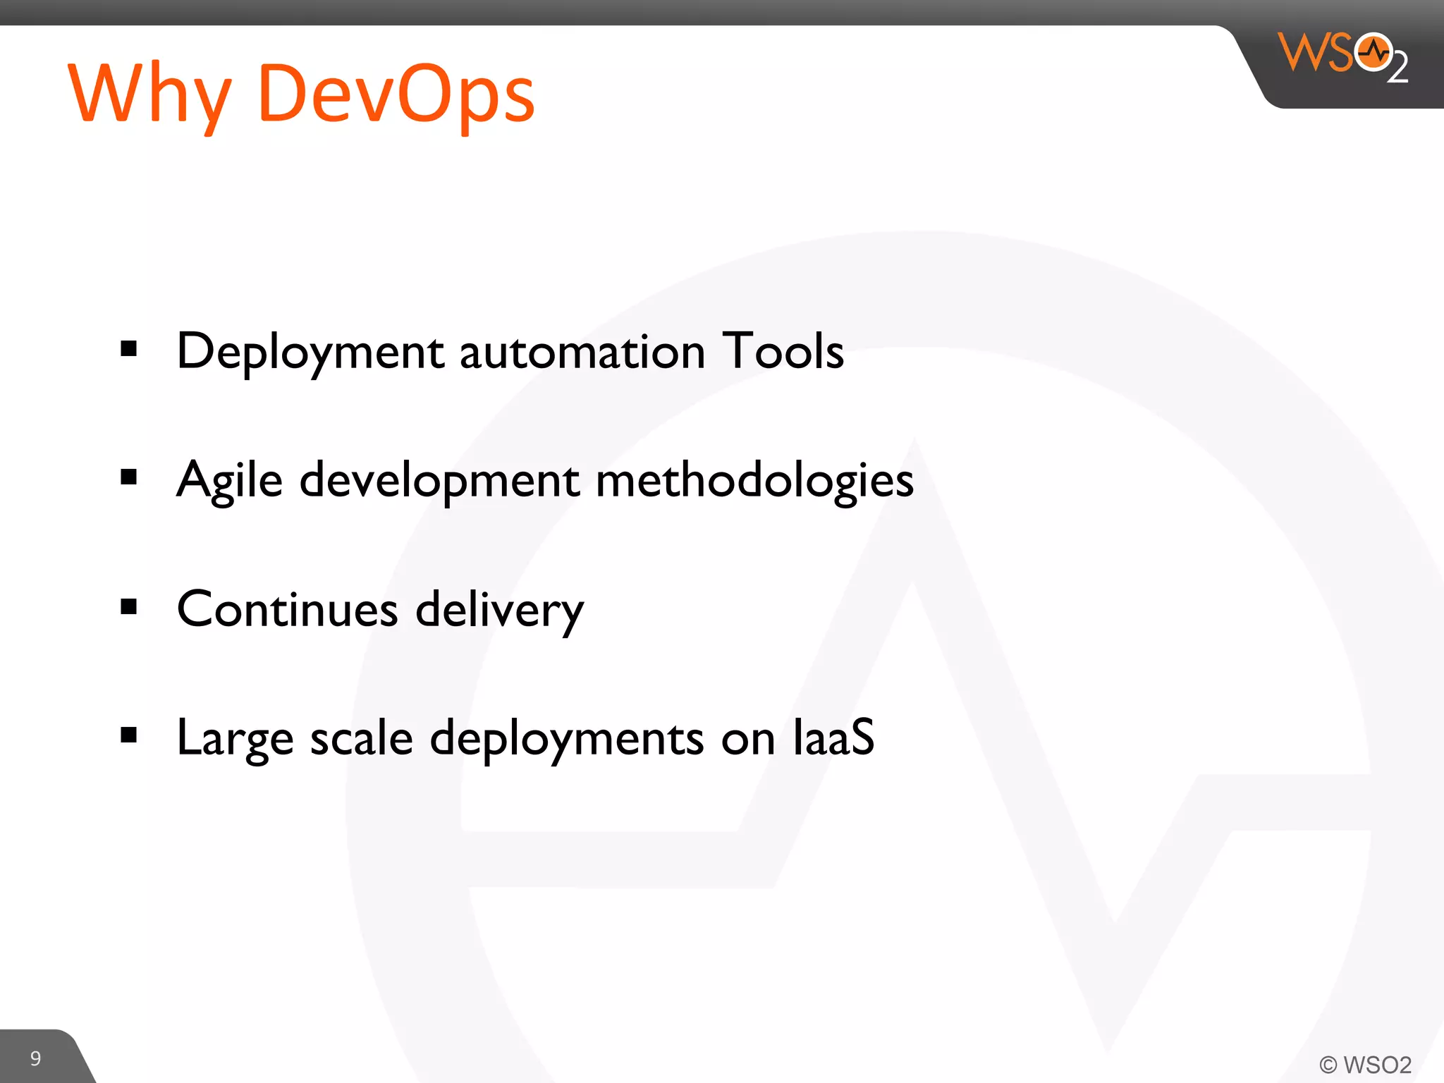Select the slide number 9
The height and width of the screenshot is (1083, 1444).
tap(35, 1058)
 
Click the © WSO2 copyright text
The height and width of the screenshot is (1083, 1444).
tap(1365, 1064)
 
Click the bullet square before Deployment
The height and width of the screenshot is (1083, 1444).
tap(128, 348)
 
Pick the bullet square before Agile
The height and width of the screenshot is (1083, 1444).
tap(128, 477)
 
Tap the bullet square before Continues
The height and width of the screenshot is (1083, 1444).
tap(128, 606)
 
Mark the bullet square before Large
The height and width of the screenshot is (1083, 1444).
tap(128, 735)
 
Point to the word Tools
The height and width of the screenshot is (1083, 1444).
tap(783, 351)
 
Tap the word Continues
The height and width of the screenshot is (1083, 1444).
tap(287, 609)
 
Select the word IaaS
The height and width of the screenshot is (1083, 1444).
tap(833, 738)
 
